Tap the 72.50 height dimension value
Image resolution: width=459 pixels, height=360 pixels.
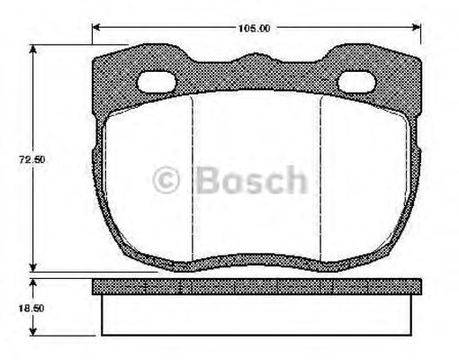(33, 159)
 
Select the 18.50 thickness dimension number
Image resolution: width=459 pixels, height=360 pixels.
(33, 309)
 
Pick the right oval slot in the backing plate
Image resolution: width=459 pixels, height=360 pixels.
(357, 84)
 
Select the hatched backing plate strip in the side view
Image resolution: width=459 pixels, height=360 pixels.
(256, 286)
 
